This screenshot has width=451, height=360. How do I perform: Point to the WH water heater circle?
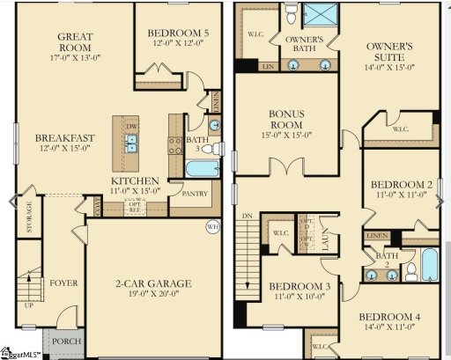click(x=211, y=227)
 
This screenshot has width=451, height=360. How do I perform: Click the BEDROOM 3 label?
click(x=299, y=287)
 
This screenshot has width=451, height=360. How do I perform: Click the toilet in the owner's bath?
click(x=291, y=12)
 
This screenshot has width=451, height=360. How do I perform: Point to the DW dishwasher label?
click(x=131, y=126)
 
